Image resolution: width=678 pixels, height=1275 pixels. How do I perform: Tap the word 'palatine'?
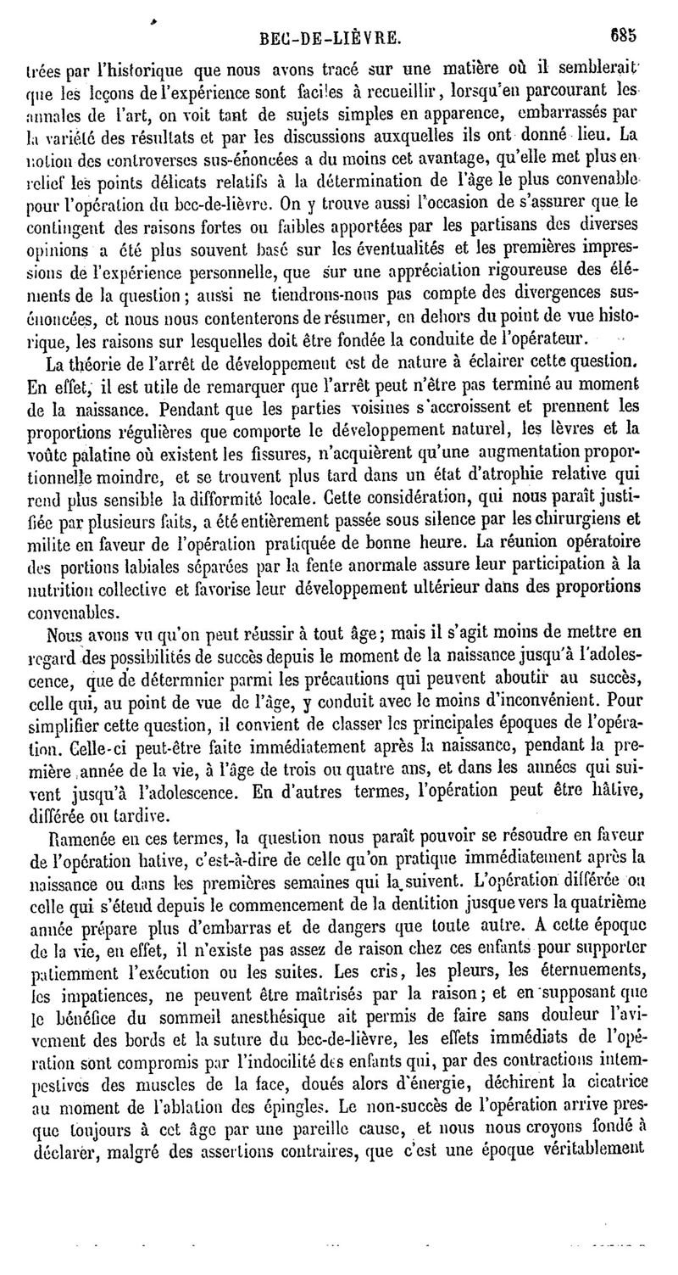(x=98, y=452)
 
